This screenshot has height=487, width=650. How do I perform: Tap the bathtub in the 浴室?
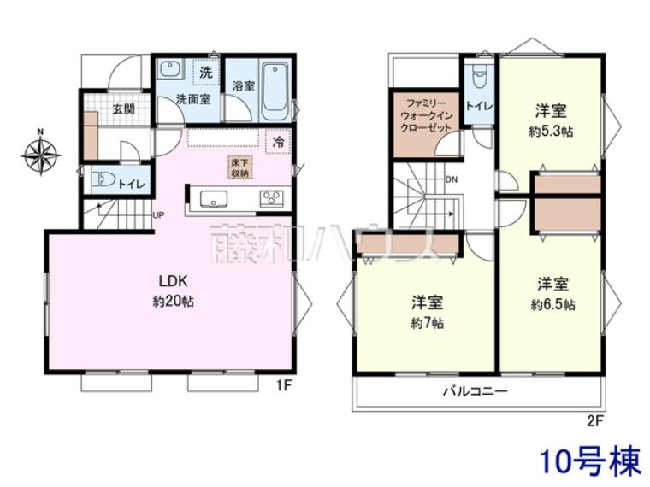275,91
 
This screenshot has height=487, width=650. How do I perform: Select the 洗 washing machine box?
205,73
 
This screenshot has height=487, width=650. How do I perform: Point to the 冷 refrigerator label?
279,142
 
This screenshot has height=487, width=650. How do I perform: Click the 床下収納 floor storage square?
239,167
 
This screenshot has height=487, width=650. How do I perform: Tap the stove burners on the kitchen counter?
272,199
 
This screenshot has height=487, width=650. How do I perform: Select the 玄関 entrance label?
123,109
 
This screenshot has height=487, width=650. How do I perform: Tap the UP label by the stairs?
158,215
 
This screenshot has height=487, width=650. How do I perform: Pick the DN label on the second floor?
452,179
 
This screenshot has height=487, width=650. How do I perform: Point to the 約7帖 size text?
427,323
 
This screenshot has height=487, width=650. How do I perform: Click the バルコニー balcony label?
475,392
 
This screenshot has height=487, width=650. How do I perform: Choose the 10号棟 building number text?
590,462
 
